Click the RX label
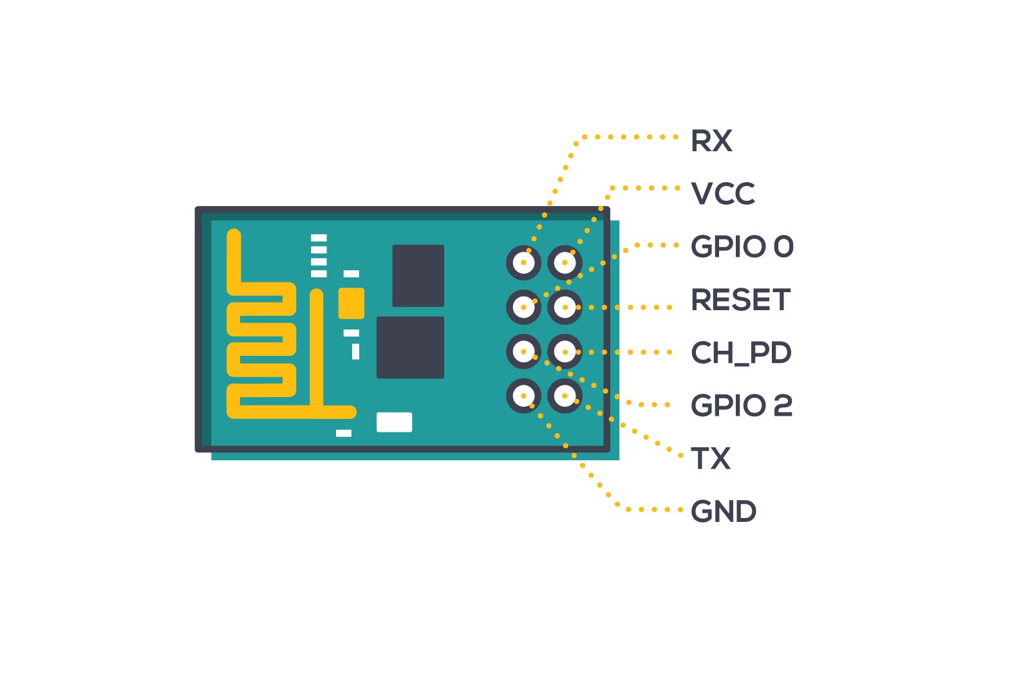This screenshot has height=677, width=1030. pyautogui.click(x=711, y=141)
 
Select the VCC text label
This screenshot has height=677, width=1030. pyautogui.click(x=722, y=194)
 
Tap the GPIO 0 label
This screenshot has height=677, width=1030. pyautogui.click(x=742, y=246)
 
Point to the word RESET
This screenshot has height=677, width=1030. pyautogui.click(x=740, y=300)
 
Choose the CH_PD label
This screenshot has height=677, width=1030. pyautogui.click(x=740, y=353)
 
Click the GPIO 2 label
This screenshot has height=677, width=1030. pyautogui.click(x=741, y=405)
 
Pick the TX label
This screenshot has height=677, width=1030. pyautogui.click(x=710, y=459)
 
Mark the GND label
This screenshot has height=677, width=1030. pyautogui.click(x=723, y=512)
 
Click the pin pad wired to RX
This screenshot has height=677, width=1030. pyautogui.click(x=523, y=263)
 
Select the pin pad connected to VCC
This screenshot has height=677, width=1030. pyautogui.click(x=565, y=263)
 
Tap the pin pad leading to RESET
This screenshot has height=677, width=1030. pyautogui.click(x=565, y=307)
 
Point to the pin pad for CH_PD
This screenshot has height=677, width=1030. pyautogui.click(x=565, y=351)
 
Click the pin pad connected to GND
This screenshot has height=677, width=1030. pyautogui.click(x=523, y=395)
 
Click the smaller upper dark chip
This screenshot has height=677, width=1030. pyautogui.click(x=418, y=275)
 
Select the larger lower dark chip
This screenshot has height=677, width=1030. pyautogui.click(x=410, y=348)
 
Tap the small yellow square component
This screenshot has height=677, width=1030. pyautogui.click(x=351, y=303)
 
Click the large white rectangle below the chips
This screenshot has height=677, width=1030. pyautogui.click(x=394, y=422)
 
